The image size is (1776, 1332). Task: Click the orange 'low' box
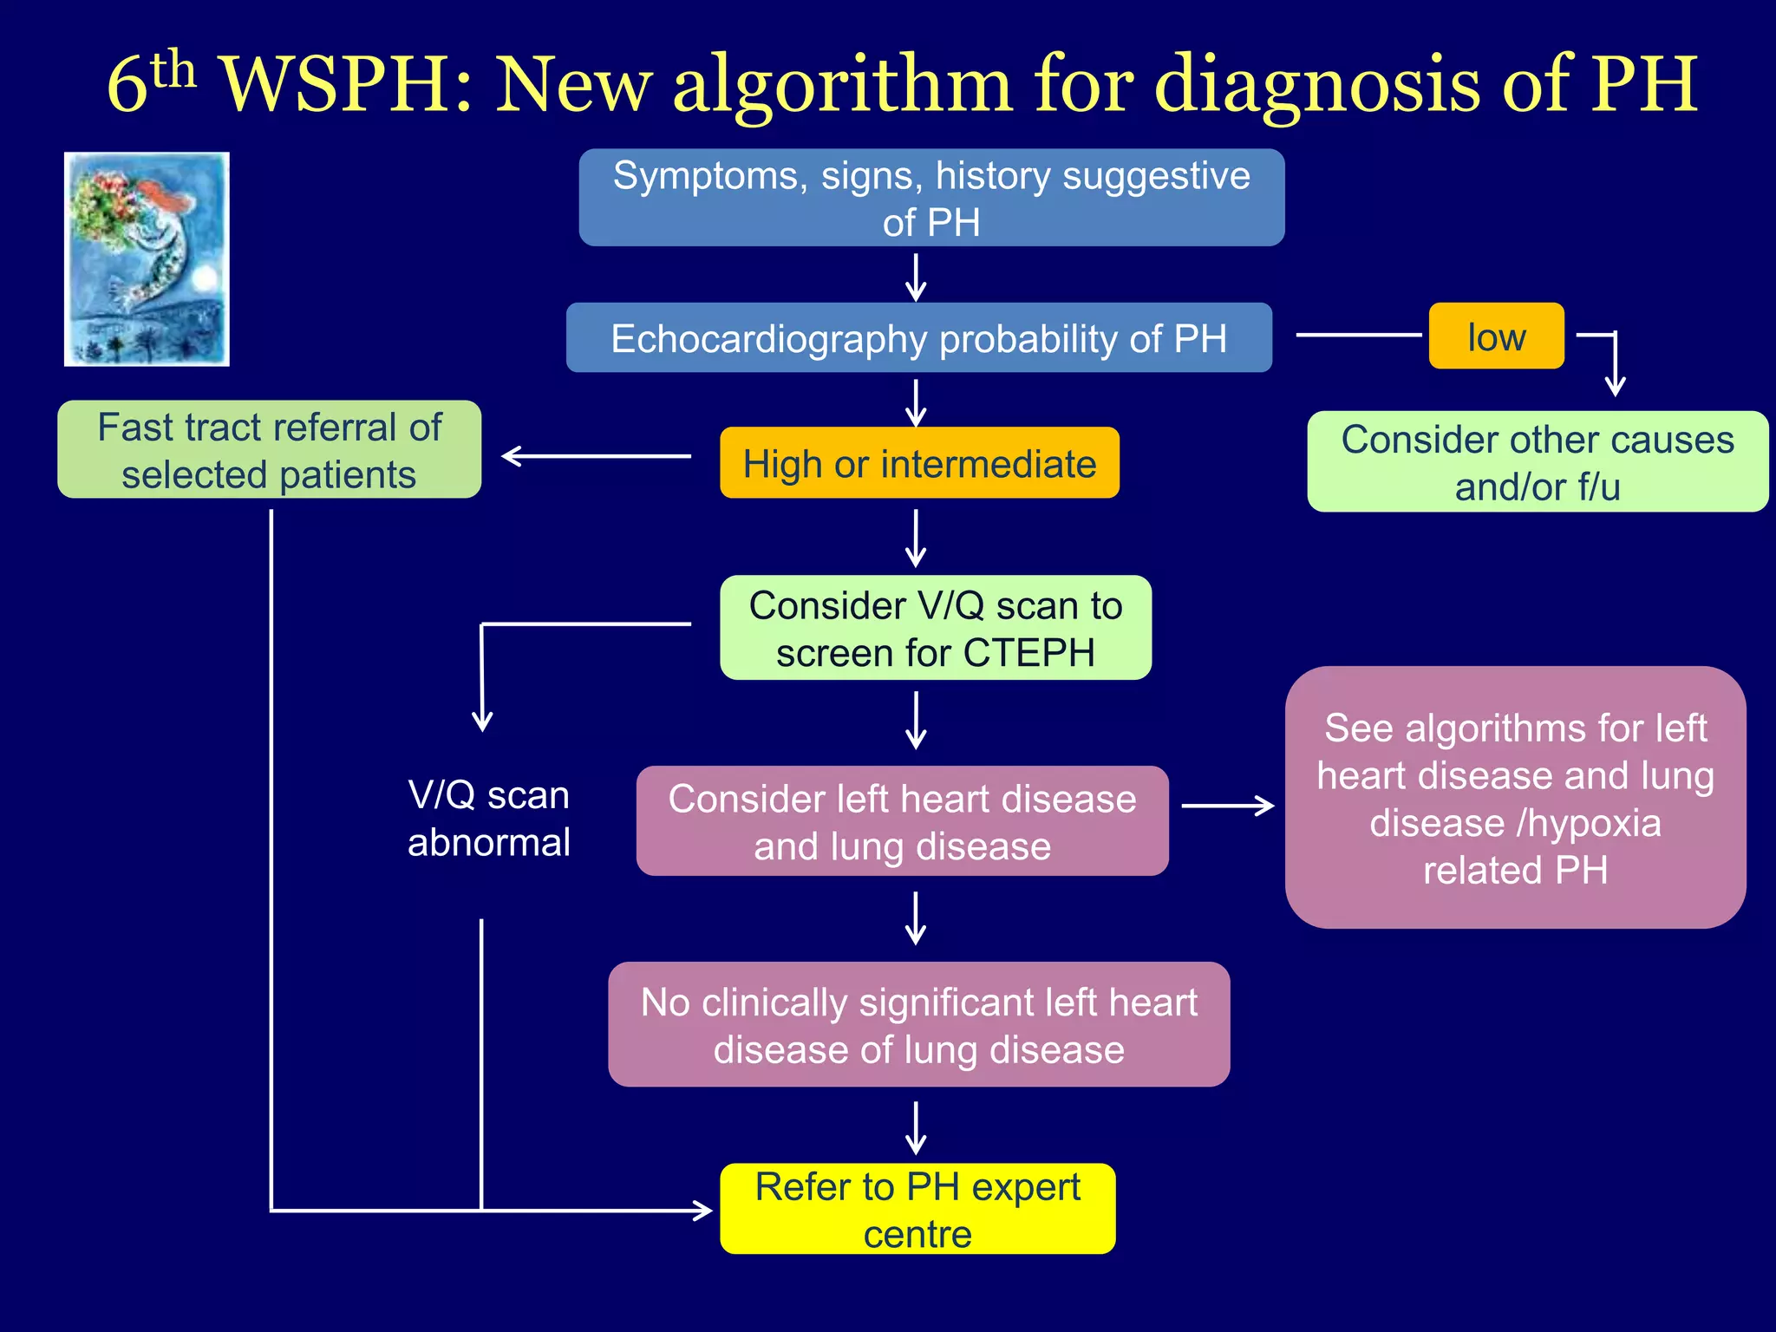(1496, 336)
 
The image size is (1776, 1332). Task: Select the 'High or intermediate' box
(919, 463)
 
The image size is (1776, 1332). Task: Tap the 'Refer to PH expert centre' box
(917, 1209)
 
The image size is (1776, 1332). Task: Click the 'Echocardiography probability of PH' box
(919, 338)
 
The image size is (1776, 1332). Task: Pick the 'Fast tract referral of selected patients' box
(269, 450)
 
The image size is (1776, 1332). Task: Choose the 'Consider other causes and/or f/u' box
(1537, 462)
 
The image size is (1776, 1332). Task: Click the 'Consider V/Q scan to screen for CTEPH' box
(936, 628)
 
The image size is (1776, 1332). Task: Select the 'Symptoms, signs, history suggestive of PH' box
(931, 198)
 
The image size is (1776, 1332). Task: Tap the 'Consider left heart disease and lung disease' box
(902, 821)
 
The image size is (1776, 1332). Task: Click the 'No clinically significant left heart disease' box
(918, 1025)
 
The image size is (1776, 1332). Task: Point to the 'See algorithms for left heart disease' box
(1515, 798)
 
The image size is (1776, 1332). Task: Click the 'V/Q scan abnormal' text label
(488, 819)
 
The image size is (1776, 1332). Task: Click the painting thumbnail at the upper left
(147, 259)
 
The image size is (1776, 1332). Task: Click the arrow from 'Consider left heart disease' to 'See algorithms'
(1227, 806)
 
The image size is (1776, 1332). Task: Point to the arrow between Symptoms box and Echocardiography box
(917, 277)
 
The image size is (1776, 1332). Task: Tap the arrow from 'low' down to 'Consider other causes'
(1614, 364)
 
